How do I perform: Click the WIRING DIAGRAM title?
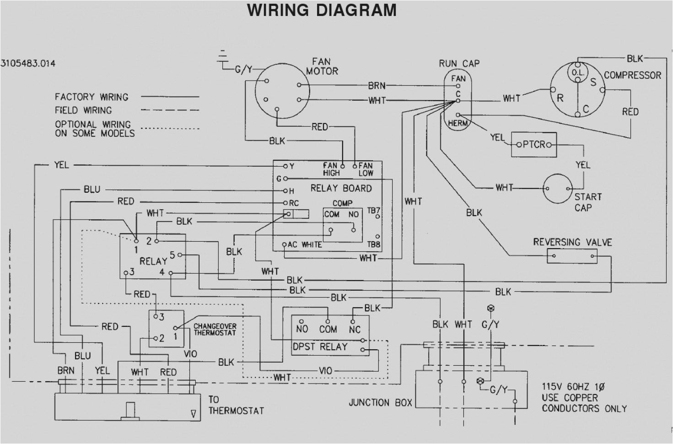point(322,10)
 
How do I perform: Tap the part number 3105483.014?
point(28,64)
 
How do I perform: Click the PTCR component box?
point(533,145)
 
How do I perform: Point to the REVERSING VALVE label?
point(572,242)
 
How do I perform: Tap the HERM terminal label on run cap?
point(458,123)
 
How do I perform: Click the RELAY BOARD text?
point(341,188)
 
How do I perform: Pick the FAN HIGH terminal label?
point(331,169)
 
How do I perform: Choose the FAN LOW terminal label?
point(366,169)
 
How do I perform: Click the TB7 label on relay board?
point(373,211)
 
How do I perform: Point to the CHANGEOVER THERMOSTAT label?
point(215,330)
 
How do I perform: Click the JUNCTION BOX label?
point(380,403)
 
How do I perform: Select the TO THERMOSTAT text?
point(236,405)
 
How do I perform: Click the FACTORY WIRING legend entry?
point(92,97)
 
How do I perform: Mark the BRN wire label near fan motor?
point(377,86)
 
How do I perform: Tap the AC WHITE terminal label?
point(305,245)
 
